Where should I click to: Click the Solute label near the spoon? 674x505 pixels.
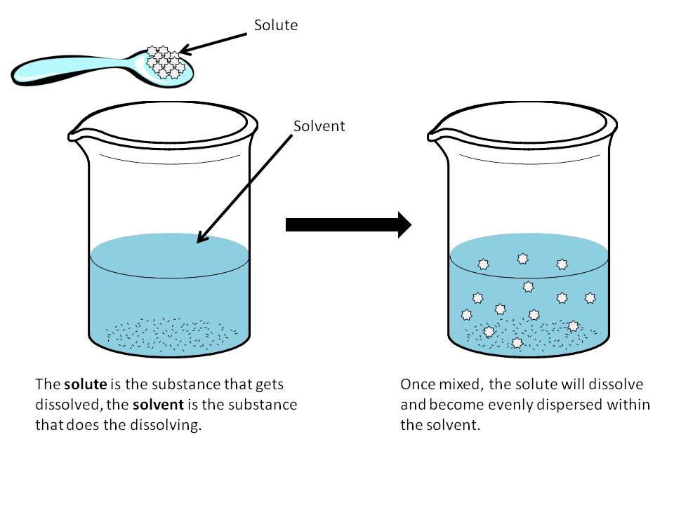coord(276,25)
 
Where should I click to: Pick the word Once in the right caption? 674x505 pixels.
coord(416,385)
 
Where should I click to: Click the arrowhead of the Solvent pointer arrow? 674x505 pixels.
coord(200,240)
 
